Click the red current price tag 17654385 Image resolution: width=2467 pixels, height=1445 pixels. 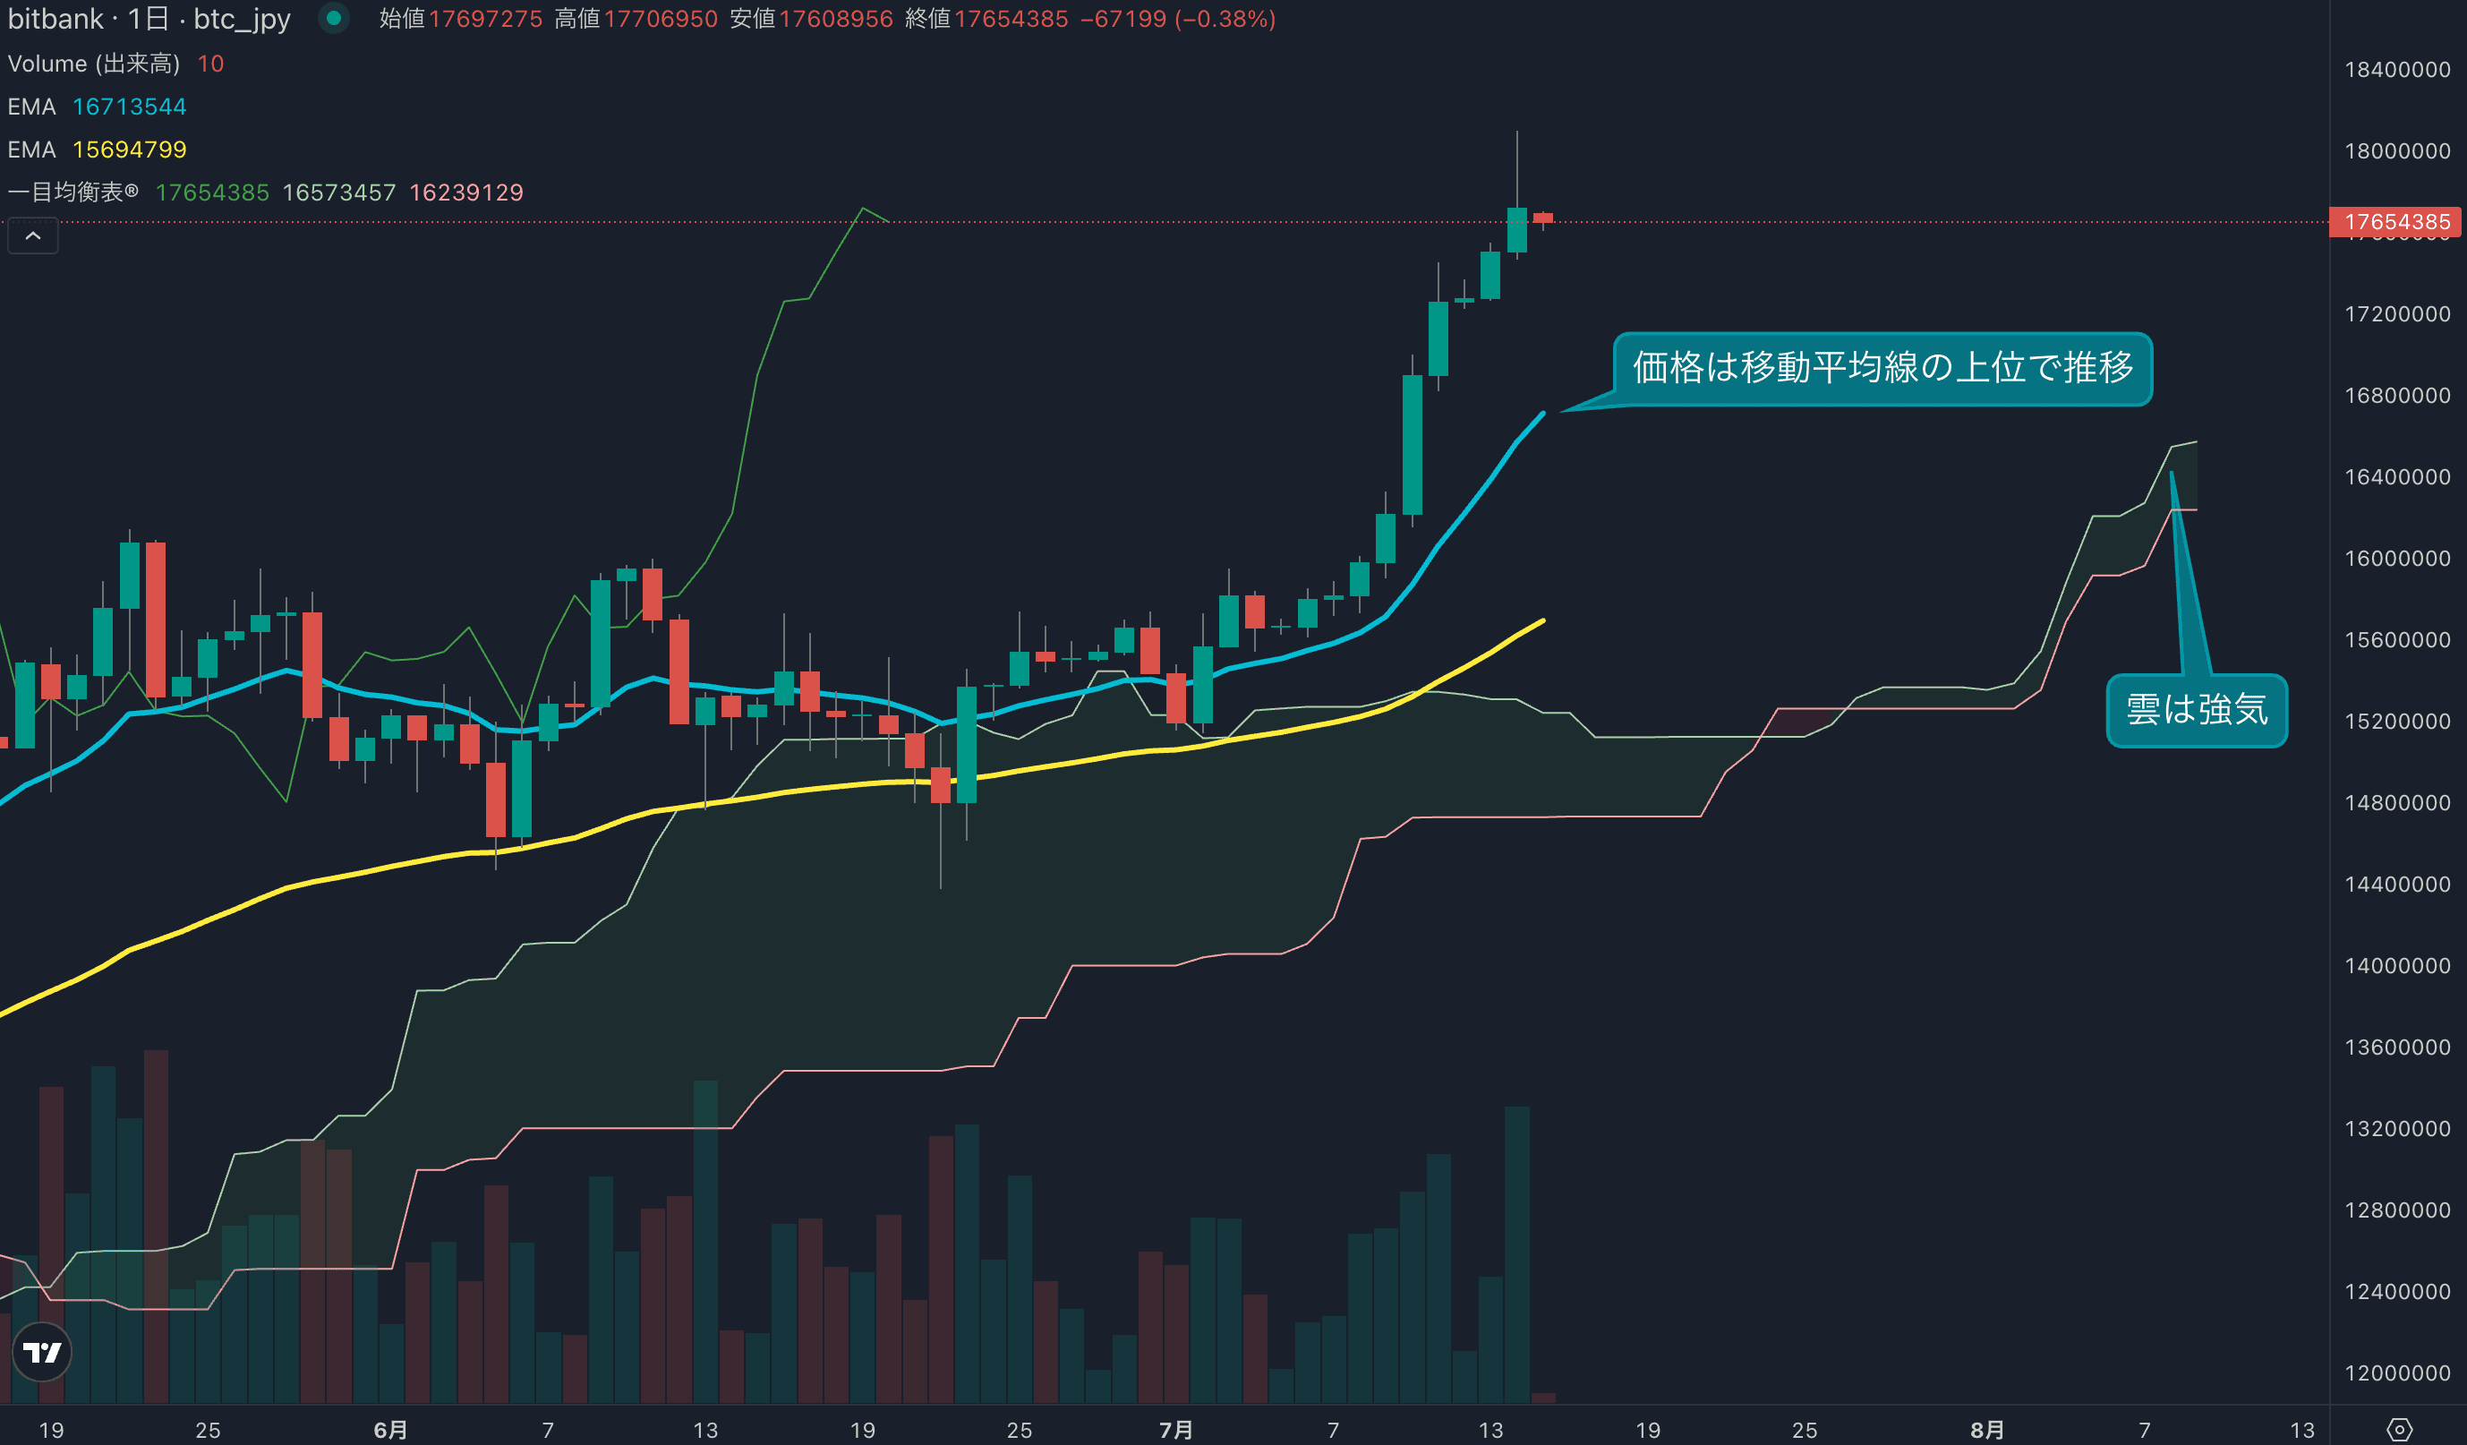pos(2394,222)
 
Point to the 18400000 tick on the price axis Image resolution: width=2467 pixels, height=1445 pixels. pos(2396,70)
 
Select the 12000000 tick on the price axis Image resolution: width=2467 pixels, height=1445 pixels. pos(2396,1372)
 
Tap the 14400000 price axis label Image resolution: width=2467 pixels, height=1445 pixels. pos(2396,884)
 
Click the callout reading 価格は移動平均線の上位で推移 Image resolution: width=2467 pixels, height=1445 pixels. pos(1882,368)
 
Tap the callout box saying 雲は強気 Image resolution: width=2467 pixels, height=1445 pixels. pos(2196,710)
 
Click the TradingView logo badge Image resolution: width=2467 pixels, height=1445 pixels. pos(42,1352)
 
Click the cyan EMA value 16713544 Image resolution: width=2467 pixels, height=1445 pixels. pos(129,107)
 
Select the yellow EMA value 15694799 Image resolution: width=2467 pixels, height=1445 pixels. pos(129,150)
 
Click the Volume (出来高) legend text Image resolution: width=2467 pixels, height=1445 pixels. pos(94,64)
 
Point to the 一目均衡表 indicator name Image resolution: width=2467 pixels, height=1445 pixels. pos(73,192)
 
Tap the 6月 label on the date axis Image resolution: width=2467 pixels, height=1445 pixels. pos(389,1431)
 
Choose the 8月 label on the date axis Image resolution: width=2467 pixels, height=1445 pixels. pos(1986,1431)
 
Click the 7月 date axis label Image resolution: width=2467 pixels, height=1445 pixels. pos(1174,1431)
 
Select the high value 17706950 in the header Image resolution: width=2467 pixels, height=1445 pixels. pos(661,19)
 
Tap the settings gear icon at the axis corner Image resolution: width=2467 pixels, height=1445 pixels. pos(2400,1430)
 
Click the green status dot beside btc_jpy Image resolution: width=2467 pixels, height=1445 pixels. pos(334,18)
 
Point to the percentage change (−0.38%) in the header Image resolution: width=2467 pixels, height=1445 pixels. pos(1225,19)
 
